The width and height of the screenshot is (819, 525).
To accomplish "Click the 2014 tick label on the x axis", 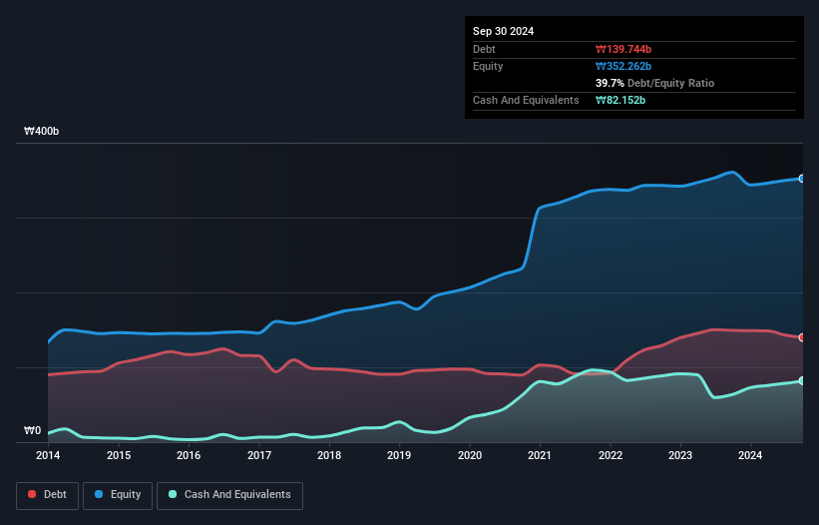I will tap(48, 456).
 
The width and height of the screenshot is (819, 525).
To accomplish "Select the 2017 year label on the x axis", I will tap(259, 456).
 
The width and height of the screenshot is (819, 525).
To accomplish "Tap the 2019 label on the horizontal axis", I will tap(399, 456).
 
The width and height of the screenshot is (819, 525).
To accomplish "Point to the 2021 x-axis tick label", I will tap(540, 456).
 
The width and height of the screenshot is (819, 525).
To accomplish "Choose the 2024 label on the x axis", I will tap(750, 456).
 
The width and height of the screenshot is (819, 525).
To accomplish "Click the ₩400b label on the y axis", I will tap(42, 132).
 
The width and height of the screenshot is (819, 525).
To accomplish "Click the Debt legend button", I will tap(49, 495).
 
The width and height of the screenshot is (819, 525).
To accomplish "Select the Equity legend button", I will tap(120, 495).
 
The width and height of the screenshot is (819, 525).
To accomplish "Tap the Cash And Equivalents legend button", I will tap(229, 495).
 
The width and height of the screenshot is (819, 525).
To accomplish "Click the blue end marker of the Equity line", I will tap(802, 179).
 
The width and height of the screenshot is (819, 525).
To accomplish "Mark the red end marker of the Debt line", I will tap(802, 337).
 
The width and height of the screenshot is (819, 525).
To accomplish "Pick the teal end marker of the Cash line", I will tap(802, 380).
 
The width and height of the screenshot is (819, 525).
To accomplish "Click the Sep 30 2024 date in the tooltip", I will tap(504, 31).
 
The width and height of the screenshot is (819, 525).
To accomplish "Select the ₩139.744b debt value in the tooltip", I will tap(623, 49).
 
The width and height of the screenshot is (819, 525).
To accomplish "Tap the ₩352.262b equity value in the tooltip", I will tap(623, 66).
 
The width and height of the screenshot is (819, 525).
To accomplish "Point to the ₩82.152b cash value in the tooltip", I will tap(620, 100).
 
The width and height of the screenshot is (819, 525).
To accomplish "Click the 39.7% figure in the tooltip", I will tap(610, 83).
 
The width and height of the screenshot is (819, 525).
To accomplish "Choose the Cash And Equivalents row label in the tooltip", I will tap(526, 100).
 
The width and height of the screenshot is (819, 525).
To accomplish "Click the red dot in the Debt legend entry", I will tap(33, 495).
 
